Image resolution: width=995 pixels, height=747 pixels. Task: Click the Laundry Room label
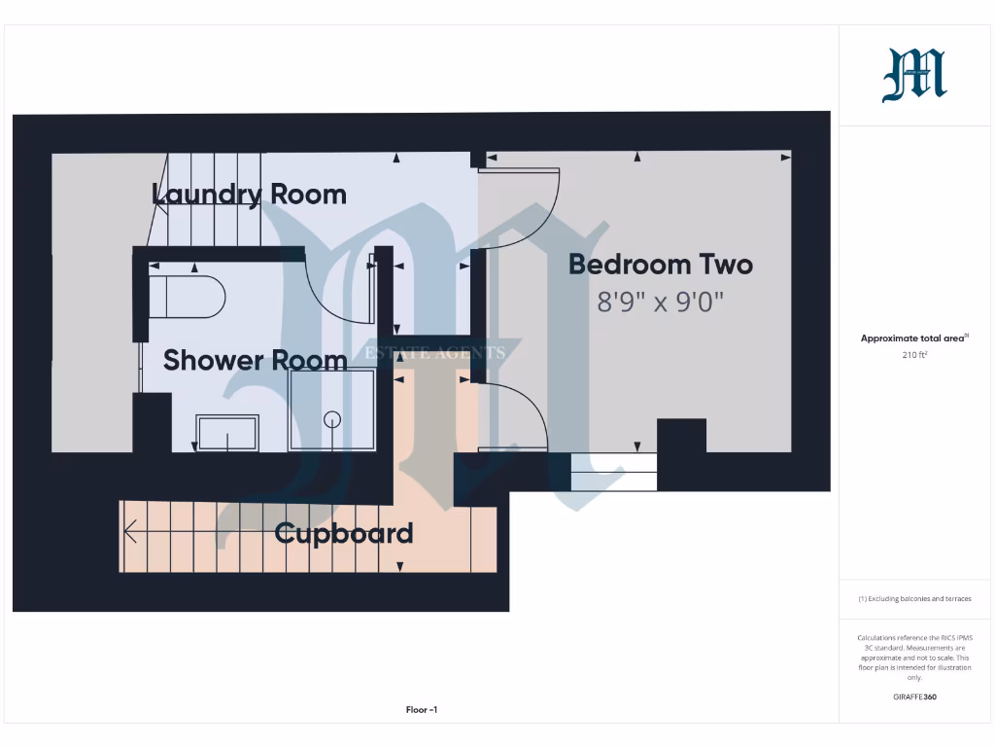(x=249, y=194)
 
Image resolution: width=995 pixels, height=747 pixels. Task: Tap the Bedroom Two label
(x=661, y=264)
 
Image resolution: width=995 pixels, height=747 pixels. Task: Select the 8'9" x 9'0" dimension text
(x=661, y=302)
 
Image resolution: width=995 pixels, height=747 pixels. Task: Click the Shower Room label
(x=255, y=360)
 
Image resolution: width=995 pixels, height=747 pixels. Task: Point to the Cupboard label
(x=344, y=533)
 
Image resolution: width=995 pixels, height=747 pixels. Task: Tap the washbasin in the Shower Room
(x=227, y=432)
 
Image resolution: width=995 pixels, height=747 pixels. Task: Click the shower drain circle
(x=332, y=420)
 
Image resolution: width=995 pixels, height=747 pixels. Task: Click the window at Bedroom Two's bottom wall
(x=614, y=472)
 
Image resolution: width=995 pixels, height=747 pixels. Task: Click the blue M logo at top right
(x=914, y=76)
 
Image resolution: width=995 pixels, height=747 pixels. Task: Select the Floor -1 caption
(x=422, y=710)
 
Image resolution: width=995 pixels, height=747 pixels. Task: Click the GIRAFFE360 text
(x=914, y=696)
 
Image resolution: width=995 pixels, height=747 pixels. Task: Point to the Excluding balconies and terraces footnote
(x=914, y=599)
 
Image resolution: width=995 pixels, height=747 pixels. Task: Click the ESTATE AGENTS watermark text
(x=434, y=352)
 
